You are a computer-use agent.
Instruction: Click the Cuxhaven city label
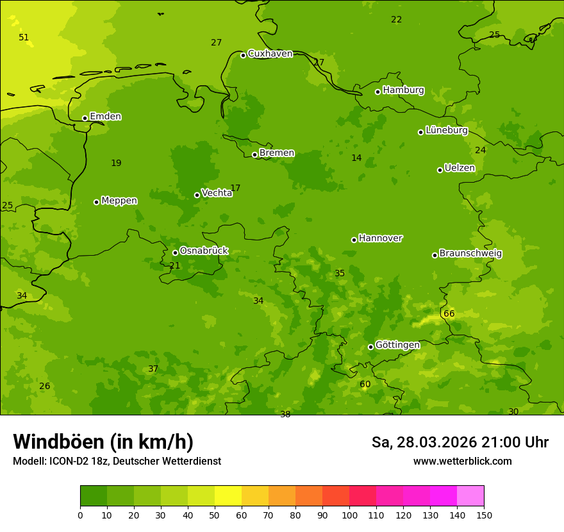pos(270,54)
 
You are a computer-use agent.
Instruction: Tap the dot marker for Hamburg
pos(378,92)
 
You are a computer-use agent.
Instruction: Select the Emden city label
pos(105,117)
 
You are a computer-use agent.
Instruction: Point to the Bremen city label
pos(277,153)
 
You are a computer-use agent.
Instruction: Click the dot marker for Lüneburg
pos(421,132)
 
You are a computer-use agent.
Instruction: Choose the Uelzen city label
pos(460,169)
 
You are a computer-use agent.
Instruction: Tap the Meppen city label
pos(119,201)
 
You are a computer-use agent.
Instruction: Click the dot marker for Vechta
pos(197,195)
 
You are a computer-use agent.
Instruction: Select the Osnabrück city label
pos(204,251)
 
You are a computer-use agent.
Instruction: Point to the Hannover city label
pos(380,238)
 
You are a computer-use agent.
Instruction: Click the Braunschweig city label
pos(470,254)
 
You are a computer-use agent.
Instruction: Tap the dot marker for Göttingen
pos(371,347)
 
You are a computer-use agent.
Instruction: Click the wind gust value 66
pos(449,314)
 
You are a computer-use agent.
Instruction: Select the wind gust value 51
pos(24,38)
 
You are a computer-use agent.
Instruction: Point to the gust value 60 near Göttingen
pos(365,385)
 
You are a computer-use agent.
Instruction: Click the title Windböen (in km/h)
pos(103,442)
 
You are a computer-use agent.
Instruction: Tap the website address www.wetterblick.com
pos(463,461)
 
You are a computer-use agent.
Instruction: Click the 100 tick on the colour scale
pos(349,515)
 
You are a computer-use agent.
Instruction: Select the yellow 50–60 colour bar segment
pos(228,496)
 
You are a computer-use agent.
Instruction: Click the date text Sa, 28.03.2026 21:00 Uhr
pos(460,442)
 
